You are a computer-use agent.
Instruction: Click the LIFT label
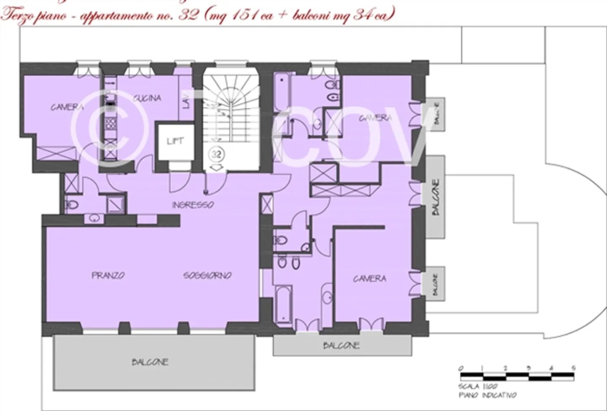coord(175,141)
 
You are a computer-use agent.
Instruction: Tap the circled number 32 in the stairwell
coord(216,154)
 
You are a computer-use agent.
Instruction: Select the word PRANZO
coord(108,275)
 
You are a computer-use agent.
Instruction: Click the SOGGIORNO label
coord(207,275)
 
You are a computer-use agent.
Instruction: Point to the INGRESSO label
coord(193,205)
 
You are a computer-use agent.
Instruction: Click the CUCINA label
coord(147,98)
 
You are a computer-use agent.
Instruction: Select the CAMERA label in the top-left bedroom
coord(67,107)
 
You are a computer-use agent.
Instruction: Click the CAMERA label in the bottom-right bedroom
coord(369,278)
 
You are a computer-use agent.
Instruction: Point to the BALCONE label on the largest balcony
coord(150,362)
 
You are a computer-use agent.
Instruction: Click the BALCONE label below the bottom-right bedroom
coord(341,345)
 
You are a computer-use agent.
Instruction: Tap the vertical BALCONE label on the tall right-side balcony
coord(436,197)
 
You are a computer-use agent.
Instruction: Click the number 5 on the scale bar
coord(574,368)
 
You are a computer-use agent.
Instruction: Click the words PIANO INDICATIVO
coord(487,395)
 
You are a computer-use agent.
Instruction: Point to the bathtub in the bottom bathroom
coord(283,304)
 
